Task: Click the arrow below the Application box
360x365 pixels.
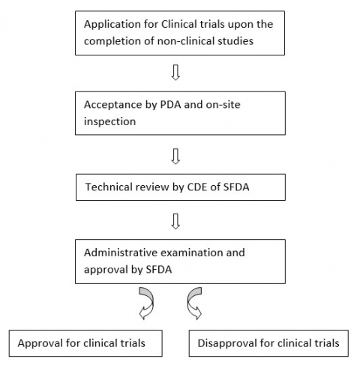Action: [x=175, y=73]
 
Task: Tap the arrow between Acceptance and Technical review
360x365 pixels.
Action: [x=175, y=156]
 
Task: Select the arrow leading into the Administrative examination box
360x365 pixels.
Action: [x=175, y=220]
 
